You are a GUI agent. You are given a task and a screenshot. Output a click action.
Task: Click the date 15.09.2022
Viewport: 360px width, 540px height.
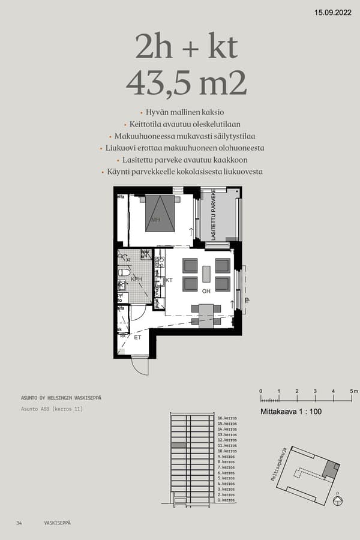point(333,12)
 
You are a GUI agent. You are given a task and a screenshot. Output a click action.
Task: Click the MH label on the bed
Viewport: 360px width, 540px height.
point(155,220)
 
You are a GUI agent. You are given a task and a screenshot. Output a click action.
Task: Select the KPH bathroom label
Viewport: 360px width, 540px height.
point(136,279)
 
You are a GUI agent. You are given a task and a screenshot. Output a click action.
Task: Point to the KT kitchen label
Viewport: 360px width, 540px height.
point(169,280)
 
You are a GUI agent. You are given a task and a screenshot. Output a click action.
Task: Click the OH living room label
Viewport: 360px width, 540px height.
point(206,292)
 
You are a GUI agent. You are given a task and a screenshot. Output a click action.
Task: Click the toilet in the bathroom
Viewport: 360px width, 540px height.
point(124,272)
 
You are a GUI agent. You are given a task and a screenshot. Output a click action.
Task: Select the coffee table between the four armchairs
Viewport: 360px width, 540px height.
point(206,274)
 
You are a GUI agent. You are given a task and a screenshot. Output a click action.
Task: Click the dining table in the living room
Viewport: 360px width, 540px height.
point(206,313)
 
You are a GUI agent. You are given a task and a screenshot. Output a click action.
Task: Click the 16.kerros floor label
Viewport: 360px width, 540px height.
point(227,418)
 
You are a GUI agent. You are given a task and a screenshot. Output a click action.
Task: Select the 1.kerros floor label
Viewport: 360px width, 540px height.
point(226,500)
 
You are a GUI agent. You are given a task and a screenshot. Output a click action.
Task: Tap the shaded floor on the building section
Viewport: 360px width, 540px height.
point(179,446)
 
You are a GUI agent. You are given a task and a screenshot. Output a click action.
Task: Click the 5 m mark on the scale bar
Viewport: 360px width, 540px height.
point(353,392)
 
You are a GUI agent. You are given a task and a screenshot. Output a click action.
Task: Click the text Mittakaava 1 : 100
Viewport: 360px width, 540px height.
point(291,412)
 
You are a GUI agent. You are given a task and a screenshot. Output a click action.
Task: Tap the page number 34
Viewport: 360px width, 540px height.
point(19,523)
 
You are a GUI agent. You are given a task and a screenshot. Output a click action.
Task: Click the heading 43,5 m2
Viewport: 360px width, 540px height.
point(187,84)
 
